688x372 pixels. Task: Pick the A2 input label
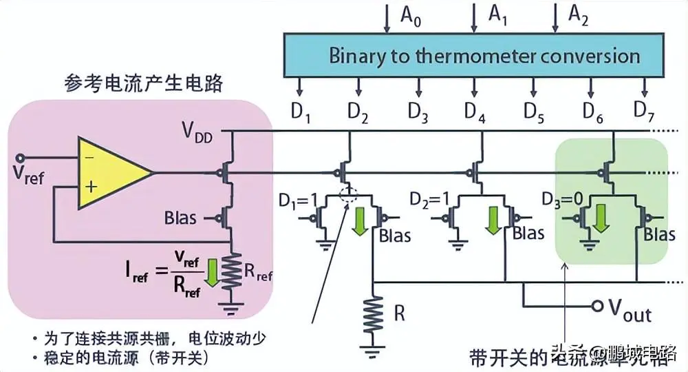(579, 15)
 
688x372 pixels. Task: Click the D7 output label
(645, 110)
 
